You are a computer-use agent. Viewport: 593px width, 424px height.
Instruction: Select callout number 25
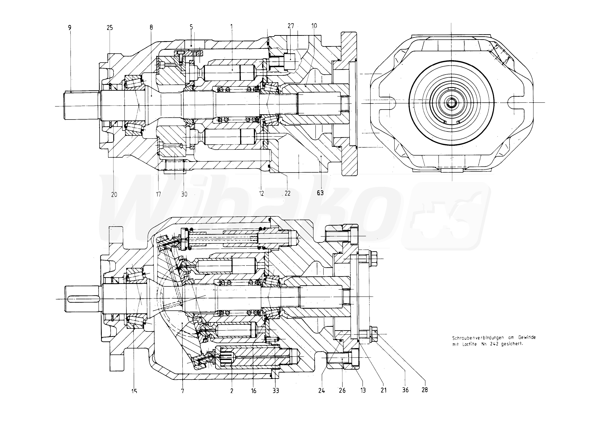(x=110, y=27)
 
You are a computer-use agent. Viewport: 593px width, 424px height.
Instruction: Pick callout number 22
(x=287, y=193)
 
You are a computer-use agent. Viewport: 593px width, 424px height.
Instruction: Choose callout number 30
(x=184, y=194)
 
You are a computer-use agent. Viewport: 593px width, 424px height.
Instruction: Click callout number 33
(x=276, y=391)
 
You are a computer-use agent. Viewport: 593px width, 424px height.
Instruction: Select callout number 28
(x=425, y=390)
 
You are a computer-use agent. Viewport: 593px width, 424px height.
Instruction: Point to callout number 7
(x=183, y=391)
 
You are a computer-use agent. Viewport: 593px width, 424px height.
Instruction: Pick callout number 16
(x=254, y=391)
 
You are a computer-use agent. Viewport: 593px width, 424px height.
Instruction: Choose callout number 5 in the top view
(x=191, y=27)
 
